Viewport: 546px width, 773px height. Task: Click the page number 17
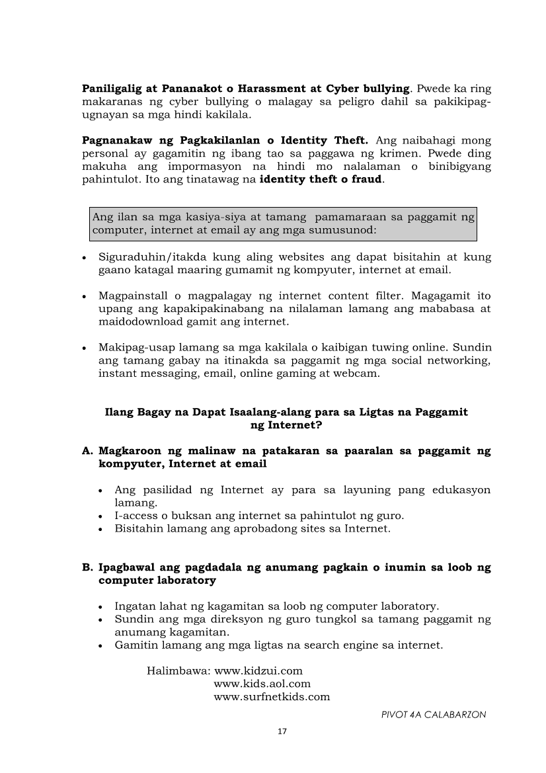pos(282,731)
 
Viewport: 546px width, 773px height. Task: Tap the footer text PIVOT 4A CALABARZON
pos(434,715)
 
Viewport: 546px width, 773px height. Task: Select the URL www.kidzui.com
pos(258,671)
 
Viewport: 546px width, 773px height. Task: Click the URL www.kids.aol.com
pos(262,684)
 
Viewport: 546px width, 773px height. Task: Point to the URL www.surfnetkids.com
pos(272,697)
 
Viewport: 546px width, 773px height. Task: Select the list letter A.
pos(86,451)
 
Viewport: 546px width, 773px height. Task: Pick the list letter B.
pos(86,567)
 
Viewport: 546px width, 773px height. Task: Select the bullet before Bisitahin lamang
pos(99,529)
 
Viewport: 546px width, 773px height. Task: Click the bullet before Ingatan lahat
pos(99,606)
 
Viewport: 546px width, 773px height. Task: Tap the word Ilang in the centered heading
pos(119,412)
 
